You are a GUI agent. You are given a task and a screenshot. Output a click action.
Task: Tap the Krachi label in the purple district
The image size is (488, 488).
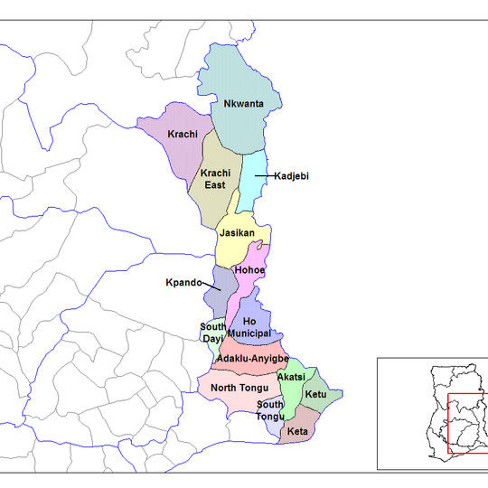coord(183,135)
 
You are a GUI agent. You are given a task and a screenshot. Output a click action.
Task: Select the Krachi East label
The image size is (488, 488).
coord(214,178)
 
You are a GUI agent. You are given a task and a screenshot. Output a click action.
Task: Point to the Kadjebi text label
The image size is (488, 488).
coord(291,176)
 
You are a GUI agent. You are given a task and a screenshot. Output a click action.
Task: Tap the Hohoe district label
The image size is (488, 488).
coord(249,269)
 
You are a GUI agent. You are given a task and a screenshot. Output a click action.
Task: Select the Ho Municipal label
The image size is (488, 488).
coord(249,327)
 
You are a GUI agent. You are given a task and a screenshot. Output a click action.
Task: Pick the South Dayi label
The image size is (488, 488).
coord(213,332)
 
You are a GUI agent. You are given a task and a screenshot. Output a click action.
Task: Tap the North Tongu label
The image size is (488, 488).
coord(234,389)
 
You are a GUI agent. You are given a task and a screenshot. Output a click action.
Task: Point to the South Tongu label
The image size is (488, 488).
coord(270,410)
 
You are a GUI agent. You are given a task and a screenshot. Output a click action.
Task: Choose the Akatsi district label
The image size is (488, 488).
coord(291,376)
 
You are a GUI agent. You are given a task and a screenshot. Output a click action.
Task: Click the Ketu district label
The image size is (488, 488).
coord(315,395)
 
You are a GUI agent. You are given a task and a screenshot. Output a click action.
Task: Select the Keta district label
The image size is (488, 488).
coord(298,433)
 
